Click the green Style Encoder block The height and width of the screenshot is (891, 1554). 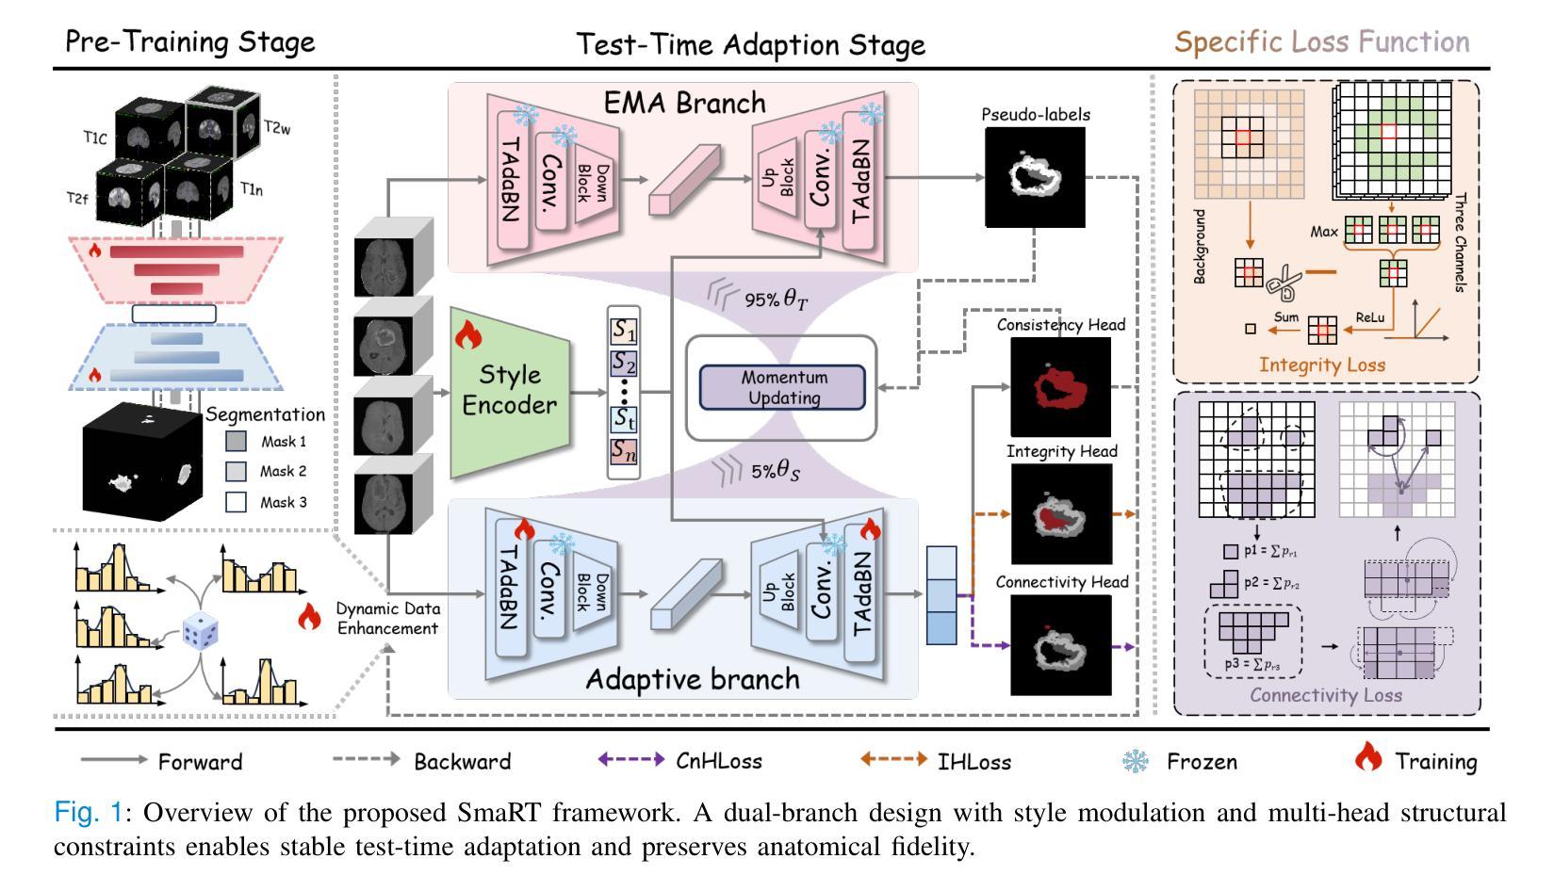(510, 391)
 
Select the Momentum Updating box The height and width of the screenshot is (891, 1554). (781, 387)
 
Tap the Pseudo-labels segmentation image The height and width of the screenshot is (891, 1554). (1035, 177)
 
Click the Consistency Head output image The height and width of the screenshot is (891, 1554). (1060, 386)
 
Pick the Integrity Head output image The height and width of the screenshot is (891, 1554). (1061, 513)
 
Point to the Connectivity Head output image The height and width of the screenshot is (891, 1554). (1061, 645)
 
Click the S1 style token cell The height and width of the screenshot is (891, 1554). (624, 331)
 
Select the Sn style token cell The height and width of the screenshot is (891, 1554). (624, 451)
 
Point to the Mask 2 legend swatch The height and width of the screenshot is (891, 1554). (237, 471)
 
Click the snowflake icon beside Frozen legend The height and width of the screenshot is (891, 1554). (1136, 760)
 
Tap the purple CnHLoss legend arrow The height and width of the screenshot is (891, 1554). (631, 760)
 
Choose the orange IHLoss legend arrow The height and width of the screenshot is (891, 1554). (893, 760)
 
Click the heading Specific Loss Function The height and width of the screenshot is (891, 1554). (1321, 42)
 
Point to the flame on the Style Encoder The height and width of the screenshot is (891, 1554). (467, 336)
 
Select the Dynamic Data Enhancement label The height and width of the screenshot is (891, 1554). (387, 619)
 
